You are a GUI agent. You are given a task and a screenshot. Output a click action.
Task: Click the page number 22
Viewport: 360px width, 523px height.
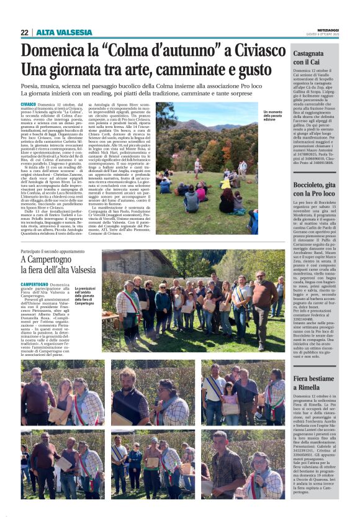pos(24,32)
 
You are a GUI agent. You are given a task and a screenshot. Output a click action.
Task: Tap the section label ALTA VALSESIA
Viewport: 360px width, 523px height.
pos(64,32)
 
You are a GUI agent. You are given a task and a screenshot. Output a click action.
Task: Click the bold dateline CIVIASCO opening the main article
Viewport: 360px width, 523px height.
pos(28,104)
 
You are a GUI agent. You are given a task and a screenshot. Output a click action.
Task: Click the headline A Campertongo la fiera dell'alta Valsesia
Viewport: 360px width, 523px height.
pos(58,265)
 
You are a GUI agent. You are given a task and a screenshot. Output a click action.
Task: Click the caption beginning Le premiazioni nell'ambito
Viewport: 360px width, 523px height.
pos(84,296)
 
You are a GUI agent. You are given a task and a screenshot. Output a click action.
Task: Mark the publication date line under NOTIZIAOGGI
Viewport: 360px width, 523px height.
pos(333,35)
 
